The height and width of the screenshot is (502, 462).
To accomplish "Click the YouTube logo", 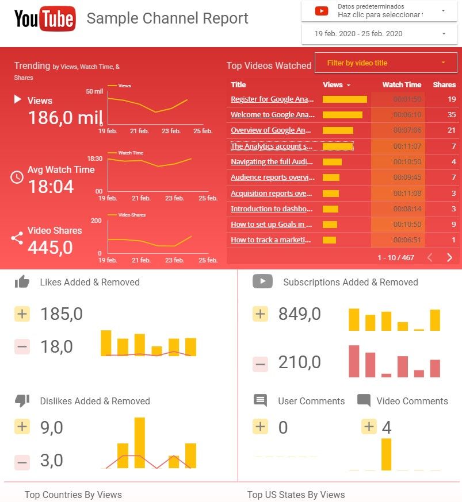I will pyautogui.click(x=45, y=19).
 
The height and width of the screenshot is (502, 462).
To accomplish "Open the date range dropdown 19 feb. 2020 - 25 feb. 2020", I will pyautogui.click(x=380, y=34).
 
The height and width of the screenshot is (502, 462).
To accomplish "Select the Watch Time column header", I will pyautogui.click(x=402, y=84).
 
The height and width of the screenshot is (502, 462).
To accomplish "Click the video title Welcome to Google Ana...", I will pyautogui.click(x=273, y=115).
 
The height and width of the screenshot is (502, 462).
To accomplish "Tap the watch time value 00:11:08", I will pyautogui.click(x=407, y=194).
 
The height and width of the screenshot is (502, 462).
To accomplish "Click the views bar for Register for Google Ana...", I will pyautogui.click(x=345, y=99).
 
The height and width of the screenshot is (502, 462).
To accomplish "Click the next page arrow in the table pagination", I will pyautogui.click(x=449, y=257).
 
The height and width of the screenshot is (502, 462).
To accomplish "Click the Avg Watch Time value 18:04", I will pyautogui.click(x=51, y=187).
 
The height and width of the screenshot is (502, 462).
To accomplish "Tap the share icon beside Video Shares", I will pyautogui.click(x=17, y=238).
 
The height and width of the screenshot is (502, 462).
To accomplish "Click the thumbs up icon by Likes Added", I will pyautogui.click(x=22, y=282).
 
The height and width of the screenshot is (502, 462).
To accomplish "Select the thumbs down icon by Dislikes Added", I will pyautogui.click(x=22, y=401).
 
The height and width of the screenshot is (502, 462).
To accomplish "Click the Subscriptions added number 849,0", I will pyautogui.click(x=299, y=314).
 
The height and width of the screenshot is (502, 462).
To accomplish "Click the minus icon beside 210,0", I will pyautogui.click(x=261, y=364).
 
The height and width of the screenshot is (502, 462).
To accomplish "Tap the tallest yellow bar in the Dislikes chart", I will pyautogui.click(x=140, y=442).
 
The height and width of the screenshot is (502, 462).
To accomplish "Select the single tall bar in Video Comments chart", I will pyautogui.click(x=386, y=454).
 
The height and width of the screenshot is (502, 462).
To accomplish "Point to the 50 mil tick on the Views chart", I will pyautogui.click(x=94, y=92).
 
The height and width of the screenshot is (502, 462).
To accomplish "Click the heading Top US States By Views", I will pyautogui.click(x=296, y=495).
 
